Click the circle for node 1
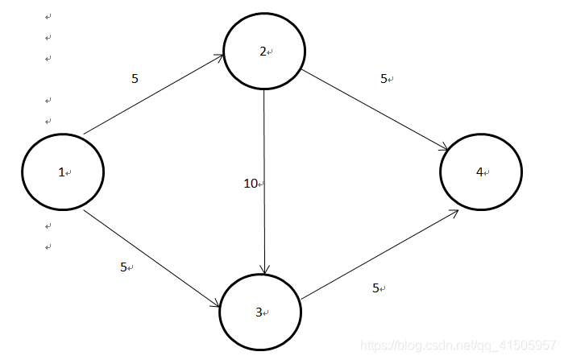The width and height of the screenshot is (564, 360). coord(63,172)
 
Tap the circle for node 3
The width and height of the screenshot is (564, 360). coord(260,312)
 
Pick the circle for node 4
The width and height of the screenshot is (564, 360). coord(481,172)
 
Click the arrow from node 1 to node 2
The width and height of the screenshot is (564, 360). coord(153,95)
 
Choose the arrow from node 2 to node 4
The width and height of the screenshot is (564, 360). coord(375,109)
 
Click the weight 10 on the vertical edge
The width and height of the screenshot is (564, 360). coord(251,184)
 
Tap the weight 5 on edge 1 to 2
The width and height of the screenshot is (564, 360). coord(135,78)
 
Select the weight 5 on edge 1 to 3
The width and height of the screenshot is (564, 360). coord(123,267)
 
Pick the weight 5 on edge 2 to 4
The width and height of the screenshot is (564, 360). coord(384,79)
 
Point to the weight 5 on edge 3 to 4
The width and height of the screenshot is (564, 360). coord(375,288)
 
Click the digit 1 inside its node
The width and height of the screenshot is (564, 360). coord(60,172)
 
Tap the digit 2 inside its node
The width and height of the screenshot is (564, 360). coord(263,52)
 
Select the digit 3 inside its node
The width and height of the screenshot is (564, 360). coord(259,312)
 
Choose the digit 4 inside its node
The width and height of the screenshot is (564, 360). coord(479,172)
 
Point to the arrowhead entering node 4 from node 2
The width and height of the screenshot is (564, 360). coord(445,147)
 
